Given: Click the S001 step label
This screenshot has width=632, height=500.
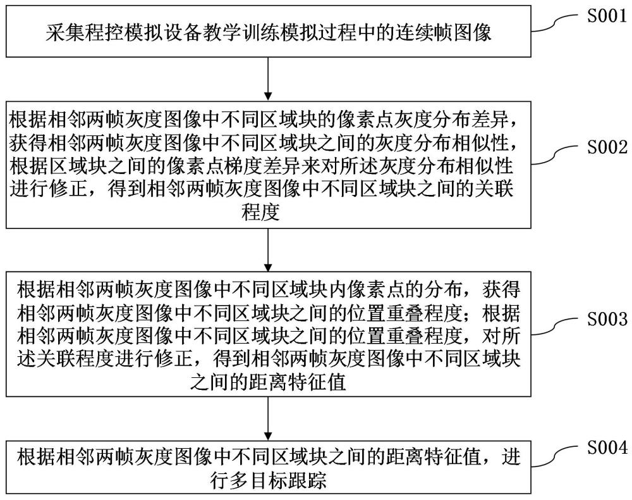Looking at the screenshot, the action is coord(607,16).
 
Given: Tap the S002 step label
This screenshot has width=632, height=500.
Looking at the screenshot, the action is coord(607,147).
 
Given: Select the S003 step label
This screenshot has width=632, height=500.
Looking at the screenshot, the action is coord(607,319).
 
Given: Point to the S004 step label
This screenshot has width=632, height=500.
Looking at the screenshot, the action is coord(607,447).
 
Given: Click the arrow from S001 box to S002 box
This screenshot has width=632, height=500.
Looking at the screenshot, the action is coord(268,78).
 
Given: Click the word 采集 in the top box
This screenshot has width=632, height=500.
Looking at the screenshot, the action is coord(64,32).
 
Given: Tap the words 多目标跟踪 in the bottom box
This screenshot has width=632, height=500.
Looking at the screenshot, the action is coord(277,480).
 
